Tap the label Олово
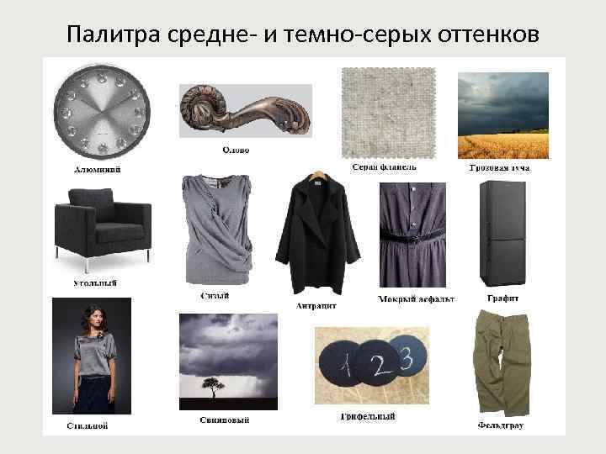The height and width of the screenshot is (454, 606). (235, 150)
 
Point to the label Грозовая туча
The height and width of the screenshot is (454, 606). (499, 168)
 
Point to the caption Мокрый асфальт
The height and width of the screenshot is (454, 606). (416, 299)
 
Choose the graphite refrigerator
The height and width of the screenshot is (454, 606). (502, 234)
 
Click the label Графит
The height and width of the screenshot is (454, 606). (502, 298)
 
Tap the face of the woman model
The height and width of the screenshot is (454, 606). (88, 315)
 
